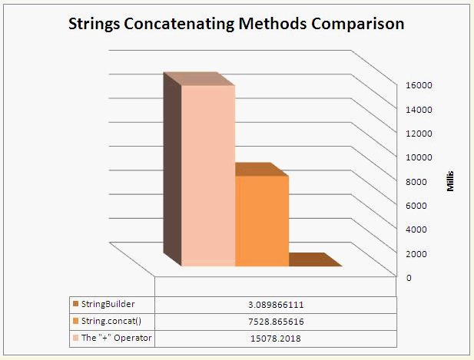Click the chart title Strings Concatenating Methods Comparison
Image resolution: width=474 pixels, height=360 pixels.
click(236, 24)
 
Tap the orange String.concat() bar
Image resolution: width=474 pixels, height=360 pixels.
click(261, 221)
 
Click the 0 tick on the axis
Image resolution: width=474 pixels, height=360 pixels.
click(409, 278)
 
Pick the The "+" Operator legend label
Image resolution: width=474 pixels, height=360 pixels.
click(110, 338)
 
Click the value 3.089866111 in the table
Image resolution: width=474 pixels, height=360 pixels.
click(276, 305)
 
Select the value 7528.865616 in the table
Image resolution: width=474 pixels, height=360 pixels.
click(276, 321)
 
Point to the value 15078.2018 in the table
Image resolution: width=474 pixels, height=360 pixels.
click(276, 338)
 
